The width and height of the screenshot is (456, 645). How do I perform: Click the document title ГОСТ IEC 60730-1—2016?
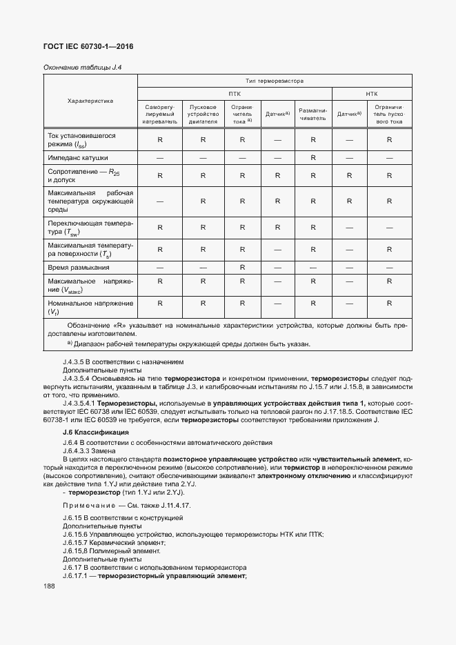[x=88, y=47]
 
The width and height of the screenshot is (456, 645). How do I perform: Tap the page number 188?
[x=49, y=586]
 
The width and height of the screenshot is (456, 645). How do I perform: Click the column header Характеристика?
[x=90, y=101]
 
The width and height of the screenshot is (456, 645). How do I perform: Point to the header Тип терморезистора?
[x=274, y=81]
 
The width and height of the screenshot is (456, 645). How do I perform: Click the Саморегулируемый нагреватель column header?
[x=160, y=115]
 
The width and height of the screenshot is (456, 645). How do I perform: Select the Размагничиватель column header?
[x=313, y=114]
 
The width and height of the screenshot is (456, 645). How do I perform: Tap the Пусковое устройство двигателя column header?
[x=203, y=115]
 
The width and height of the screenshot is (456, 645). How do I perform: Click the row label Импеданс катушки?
[x=79, y=158]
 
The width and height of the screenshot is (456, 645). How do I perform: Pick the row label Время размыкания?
[x=78, y=266]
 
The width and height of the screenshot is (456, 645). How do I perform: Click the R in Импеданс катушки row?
[x=313, y=158]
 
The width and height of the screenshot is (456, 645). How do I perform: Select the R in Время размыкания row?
[x=242, y=266]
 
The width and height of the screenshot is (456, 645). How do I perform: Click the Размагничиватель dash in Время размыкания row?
[x=313, y=266]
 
